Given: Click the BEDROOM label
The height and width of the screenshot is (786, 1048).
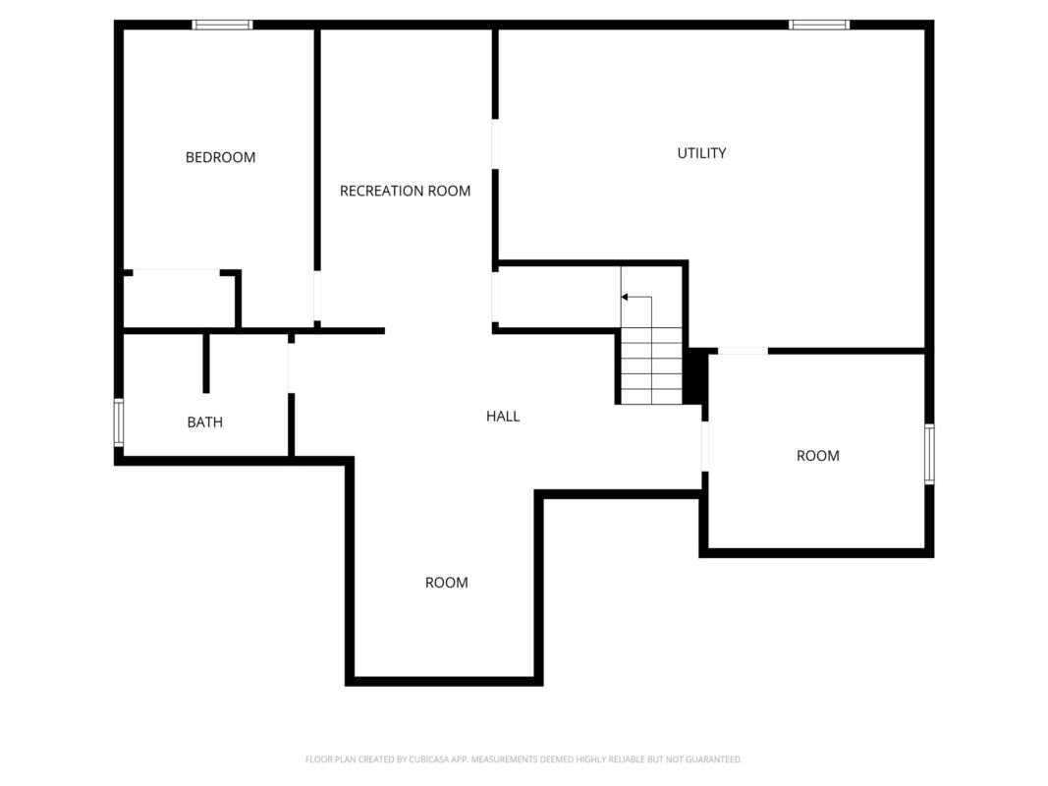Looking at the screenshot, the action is (221, 157).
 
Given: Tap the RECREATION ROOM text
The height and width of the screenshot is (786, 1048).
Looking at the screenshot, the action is (405, 192).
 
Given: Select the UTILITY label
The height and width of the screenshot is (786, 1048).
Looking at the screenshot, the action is (702, 153).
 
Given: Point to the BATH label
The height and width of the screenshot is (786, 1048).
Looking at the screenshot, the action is (205, 422).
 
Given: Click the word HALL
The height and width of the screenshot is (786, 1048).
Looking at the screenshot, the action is (503, 417).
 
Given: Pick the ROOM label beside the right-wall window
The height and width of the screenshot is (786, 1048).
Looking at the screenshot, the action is (818, 456).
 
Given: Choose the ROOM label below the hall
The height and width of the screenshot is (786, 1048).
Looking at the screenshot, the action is (447, 583).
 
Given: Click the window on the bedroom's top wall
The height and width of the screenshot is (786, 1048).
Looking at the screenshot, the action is (223, 25).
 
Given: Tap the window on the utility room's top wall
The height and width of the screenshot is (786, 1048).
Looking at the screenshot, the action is (819, 25).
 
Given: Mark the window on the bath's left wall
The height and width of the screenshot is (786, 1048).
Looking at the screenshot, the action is (119, 422).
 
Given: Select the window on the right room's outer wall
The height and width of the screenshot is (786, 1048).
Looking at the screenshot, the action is (930, 454).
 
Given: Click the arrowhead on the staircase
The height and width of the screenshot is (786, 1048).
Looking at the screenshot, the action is (625, 297).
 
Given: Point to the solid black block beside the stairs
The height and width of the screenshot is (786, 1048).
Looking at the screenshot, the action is (695, 376).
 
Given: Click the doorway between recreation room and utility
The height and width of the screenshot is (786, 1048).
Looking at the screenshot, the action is (495, 144).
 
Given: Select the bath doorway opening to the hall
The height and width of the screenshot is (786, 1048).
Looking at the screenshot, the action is (292, 368).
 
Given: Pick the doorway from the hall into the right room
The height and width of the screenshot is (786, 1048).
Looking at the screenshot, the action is (705, 446).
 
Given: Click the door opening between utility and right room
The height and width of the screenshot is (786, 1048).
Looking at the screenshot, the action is (744, 351).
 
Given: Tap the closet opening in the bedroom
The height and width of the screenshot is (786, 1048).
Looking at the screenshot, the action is (177, 272).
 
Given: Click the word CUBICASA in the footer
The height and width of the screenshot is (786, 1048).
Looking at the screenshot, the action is (429, 759).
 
